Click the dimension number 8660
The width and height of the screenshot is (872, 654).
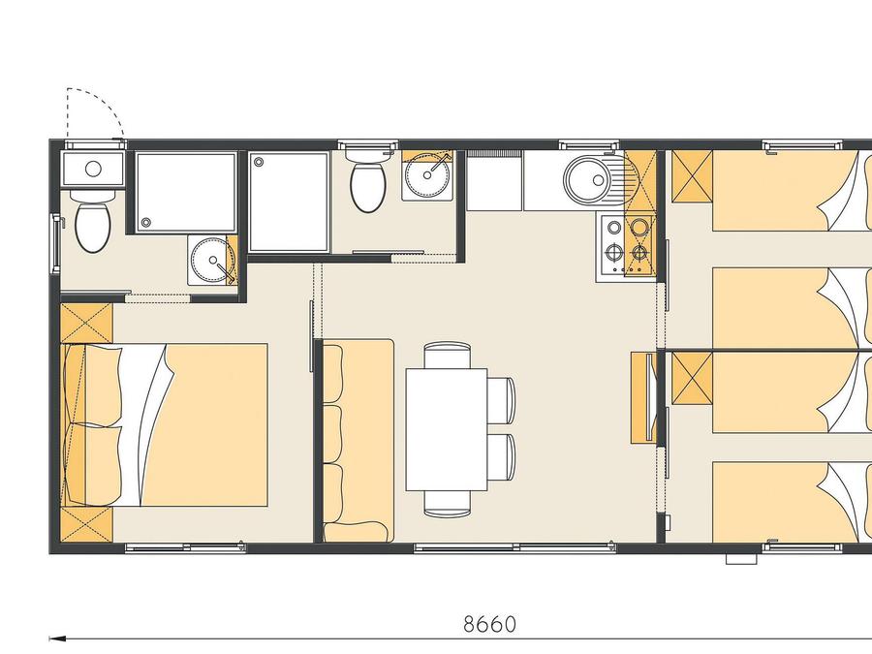coord(489,624)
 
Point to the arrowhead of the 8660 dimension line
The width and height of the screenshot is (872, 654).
coord(54,639)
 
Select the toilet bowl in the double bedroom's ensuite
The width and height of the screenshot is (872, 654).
coord(92,227)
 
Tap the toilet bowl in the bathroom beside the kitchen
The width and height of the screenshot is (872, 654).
coord(368,187)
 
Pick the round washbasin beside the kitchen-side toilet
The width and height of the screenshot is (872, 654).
coord(427,175)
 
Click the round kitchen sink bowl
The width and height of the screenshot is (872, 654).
coord(589,179)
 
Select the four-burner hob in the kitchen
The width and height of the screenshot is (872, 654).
coord(626,249)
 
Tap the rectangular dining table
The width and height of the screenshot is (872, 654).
coord(447,429)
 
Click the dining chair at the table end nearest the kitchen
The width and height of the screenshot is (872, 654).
coord(447,355)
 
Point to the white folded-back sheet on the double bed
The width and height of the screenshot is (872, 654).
coord(145,423)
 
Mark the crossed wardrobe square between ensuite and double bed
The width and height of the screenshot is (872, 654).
coord(86,323)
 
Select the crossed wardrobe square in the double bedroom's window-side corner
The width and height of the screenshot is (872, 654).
coord(86,524)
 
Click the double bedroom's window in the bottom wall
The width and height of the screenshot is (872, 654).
coord(185,547)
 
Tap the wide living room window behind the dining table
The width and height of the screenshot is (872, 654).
coord(515,547)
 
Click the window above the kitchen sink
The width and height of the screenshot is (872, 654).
coord(589,144)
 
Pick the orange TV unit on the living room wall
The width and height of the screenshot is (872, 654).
coord(643,397)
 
